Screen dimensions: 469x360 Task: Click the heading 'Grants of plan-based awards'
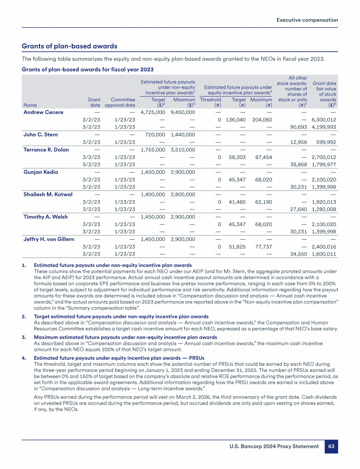point(69,46)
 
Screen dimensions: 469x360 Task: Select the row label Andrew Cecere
point(43,112)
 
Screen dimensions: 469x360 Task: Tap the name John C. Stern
point(41,135)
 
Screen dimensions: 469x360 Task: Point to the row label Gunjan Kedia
point(41,172)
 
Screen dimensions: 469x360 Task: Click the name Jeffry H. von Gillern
point(49,239)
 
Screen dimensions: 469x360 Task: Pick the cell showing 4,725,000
point(153,112)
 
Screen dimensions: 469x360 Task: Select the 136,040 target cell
point(236,120)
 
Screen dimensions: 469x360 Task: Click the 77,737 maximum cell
point(263,247)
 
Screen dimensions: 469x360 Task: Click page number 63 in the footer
point(331,446)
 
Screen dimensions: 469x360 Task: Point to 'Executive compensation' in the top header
point(307,20)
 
